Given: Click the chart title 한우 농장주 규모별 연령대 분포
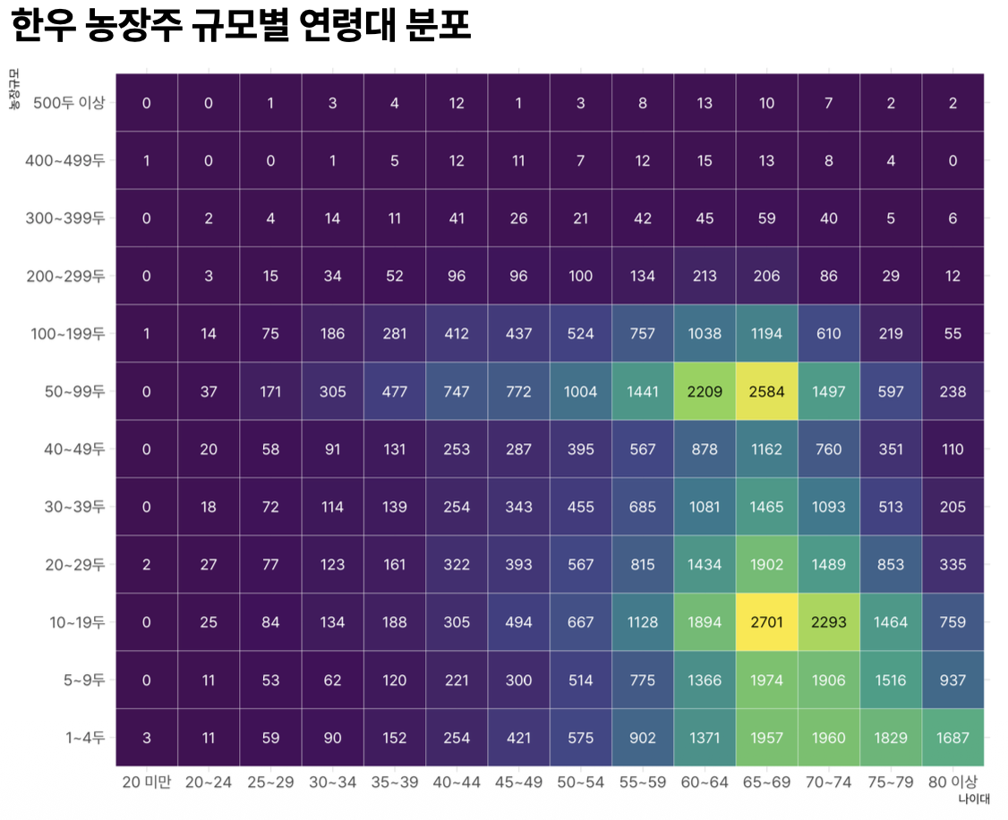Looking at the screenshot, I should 241,26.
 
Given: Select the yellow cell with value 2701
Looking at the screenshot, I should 766,622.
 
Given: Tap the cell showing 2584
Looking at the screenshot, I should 766,391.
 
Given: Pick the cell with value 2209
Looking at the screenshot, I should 705,391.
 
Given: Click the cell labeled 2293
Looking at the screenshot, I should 828,622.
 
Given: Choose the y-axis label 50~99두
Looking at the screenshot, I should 75,391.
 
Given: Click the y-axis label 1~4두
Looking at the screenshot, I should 86,738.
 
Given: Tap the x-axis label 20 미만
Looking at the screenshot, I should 147,782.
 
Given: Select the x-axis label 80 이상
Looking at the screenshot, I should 952,782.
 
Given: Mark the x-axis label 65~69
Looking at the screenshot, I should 766,782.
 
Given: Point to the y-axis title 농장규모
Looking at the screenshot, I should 14,89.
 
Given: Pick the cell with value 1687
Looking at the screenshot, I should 952,738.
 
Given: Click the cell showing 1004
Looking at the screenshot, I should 580,391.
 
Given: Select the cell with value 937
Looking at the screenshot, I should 952,680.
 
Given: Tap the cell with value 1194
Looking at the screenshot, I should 766,334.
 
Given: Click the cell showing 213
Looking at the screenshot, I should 705,276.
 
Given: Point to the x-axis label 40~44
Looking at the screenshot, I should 457,782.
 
